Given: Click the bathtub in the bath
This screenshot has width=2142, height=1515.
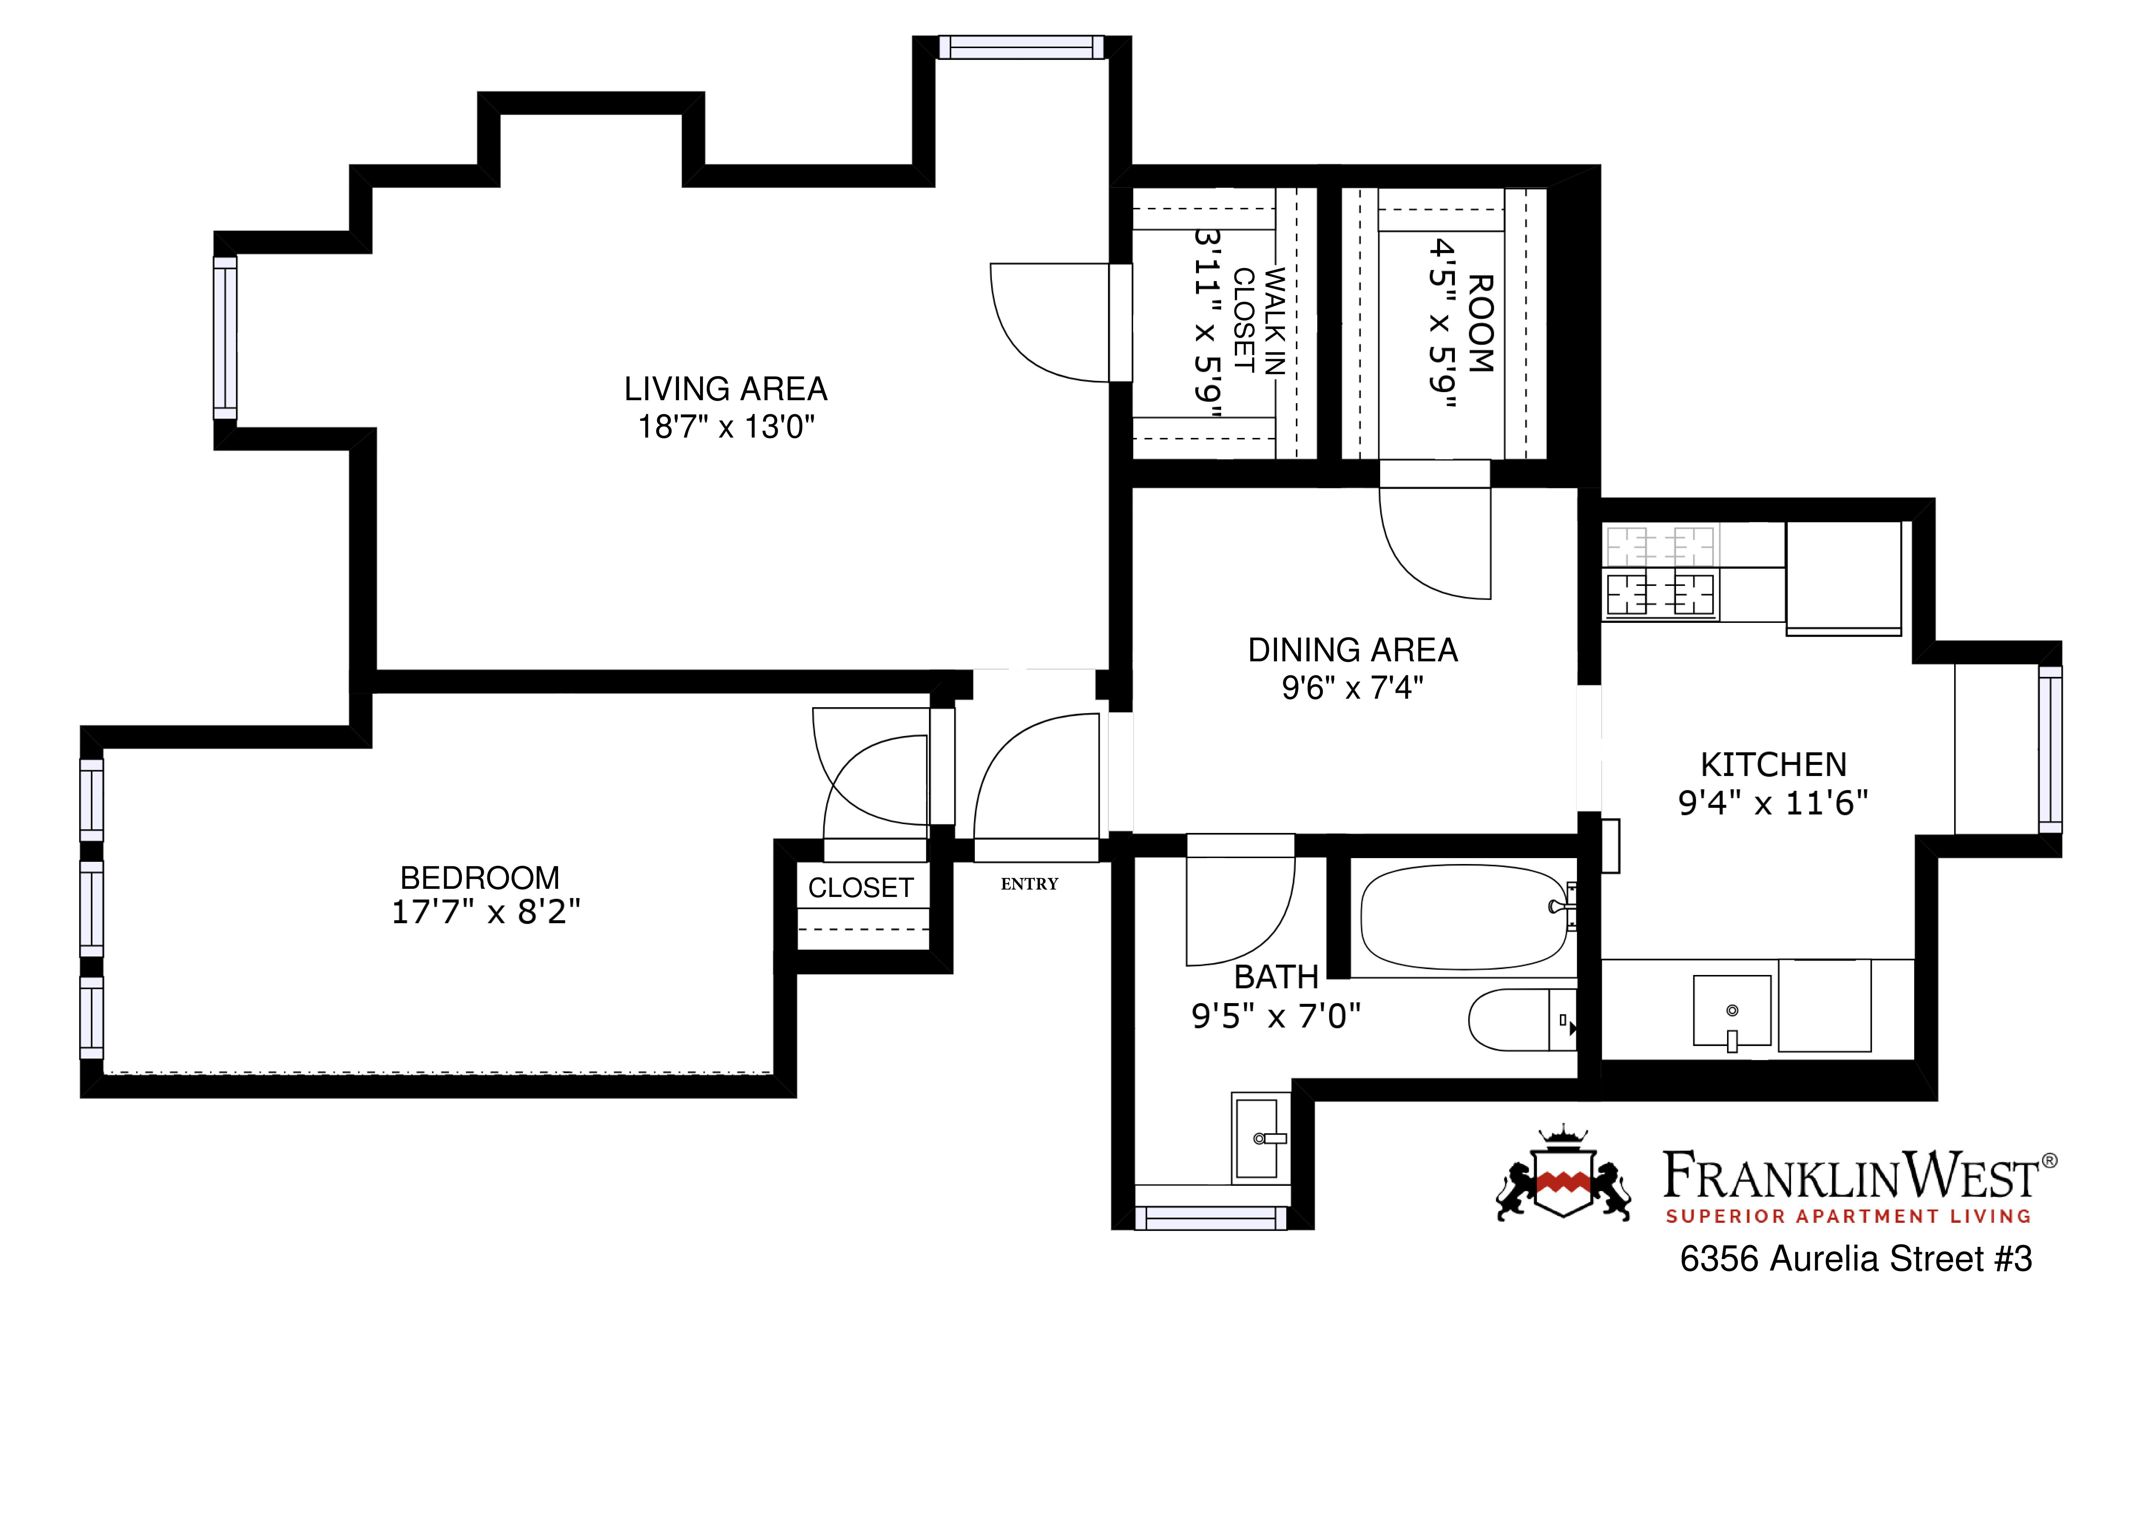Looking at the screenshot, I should tap(1463, 917).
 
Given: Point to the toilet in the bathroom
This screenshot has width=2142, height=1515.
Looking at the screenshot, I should tap(1521, 1020).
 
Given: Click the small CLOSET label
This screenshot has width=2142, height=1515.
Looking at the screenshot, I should tap(860, 888).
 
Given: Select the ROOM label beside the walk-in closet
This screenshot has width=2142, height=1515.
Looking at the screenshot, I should tap(1482, 323).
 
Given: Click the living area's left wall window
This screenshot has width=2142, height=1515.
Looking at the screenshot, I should tap(225, 338).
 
